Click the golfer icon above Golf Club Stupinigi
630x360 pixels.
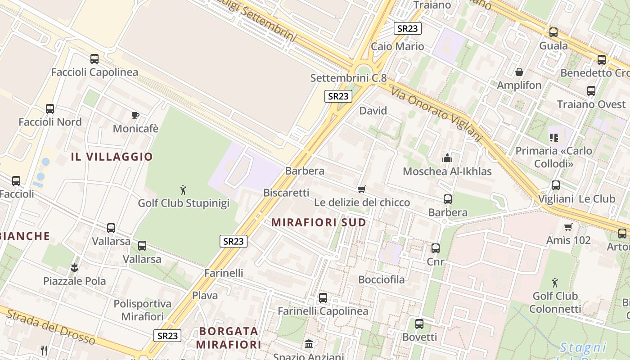[x=183, y=190]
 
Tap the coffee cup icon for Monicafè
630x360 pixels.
[x=135, y=116]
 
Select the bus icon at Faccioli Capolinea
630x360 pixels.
[x=94, y=59]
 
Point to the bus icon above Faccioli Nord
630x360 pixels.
[x=50, y=109]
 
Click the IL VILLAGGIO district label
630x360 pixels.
[x=112, y=157]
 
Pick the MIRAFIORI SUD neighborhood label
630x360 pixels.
[x=319, y=223]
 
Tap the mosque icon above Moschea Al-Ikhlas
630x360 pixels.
[x=447, y=158]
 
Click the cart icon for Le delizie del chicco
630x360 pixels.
[x=362, y=189]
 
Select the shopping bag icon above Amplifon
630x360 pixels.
[x=519, y=72]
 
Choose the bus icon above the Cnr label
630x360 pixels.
[x=436, y=248]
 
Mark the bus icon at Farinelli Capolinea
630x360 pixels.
[x=323, y=298]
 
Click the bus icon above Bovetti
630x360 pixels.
[x=419, y=324]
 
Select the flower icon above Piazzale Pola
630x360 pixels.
[x=74, y=268]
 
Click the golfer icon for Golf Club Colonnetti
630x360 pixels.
[x=555, y=283]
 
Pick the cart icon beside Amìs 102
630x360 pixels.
[x=568, y=227]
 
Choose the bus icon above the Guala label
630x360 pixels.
[x=553, y=32]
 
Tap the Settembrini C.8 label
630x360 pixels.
[x=348, y=78]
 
